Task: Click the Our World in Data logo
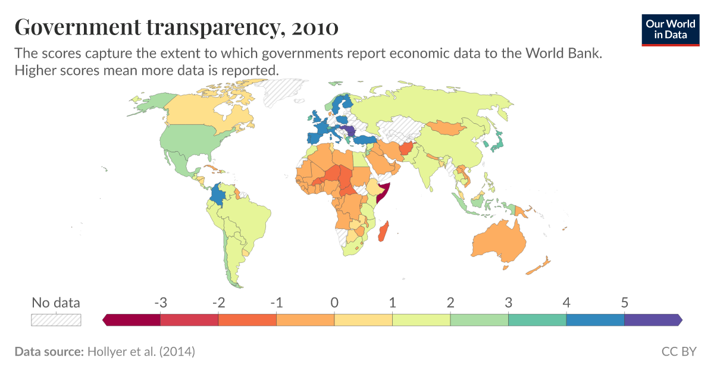(671, 29)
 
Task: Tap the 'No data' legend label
(55, 303)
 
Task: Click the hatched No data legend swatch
(55, 320)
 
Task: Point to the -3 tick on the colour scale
(160, 303)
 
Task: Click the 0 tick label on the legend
(334, 303)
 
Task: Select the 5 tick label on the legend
(625, 303)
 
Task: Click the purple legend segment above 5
(652, 320)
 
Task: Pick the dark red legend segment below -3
(132, 320)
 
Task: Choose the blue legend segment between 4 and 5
(596, 320)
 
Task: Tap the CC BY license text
(678, 352)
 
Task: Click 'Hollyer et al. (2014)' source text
(141, 352)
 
